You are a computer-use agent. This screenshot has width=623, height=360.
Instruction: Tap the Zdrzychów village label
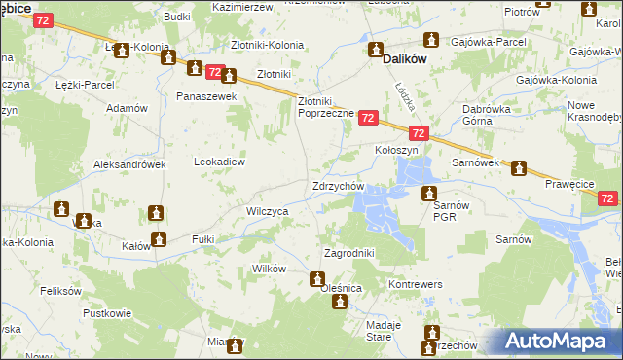[x=338, y=186]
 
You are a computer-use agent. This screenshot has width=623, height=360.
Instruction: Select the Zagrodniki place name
[x=348, y=253]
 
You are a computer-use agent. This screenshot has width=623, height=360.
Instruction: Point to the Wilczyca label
[x=267, y=210]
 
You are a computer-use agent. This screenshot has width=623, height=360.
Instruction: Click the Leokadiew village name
[x=220, y=162]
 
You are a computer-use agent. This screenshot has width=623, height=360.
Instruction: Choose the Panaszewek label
[x=202, y=97]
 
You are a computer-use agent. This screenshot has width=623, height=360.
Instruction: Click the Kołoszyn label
[x=396, y=151]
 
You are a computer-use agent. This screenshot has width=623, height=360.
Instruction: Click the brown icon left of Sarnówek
[x=520, y=167]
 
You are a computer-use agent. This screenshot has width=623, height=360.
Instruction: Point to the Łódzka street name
[x=405, y=94]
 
